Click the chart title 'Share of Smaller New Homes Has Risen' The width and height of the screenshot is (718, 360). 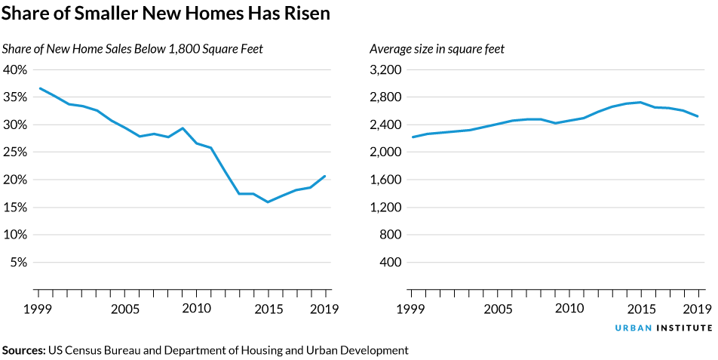click(166, 14)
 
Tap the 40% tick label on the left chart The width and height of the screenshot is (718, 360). click(15, 69)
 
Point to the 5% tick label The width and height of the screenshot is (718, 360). click(18, 263)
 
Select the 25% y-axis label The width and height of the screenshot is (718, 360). click(15, 152)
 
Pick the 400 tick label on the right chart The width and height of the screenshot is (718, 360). click(390, 263)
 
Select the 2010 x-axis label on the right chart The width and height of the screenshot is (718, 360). click(569, 309)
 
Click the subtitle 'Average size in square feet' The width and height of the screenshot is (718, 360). click(437, 49)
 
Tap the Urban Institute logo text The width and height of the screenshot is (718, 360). click(663, 328)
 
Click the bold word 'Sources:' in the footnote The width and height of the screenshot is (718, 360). click(24, 350)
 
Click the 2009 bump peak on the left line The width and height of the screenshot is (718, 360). click(182, 128)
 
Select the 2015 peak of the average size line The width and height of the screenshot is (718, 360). click(640, 102)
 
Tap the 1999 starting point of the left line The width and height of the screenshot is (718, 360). click(38, 88)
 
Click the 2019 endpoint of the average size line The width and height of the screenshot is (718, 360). click(698, 116)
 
